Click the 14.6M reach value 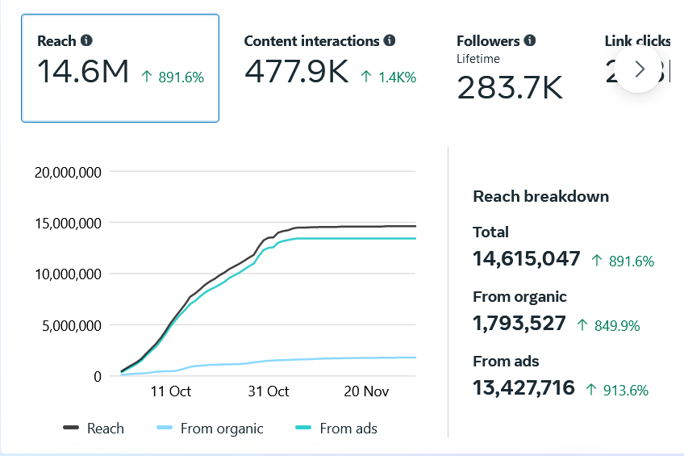click(83, 73)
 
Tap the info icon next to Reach click(86, 40)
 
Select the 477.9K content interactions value click(296, 73)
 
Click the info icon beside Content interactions click(390, 40)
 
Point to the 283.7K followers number click(510, 87)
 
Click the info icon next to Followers click(530, 40)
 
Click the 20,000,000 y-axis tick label click(67, 171)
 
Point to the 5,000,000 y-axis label click(71, 325)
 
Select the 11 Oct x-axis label click(170, 391)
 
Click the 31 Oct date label click(269, 391)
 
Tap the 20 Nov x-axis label click(367, 391)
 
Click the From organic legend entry click(210, 429)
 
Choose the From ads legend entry click(337, 429)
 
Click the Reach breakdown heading click(540, 196)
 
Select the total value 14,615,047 click(526, 258)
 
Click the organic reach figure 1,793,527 click(519, 323)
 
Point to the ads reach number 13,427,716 click(523, 387)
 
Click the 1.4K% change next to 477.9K click(389, 77)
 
